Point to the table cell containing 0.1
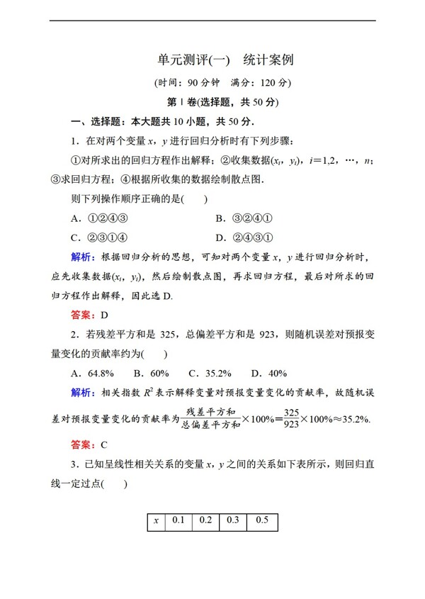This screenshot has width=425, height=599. pos(178,521)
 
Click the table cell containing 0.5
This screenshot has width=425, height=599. pos(261,521)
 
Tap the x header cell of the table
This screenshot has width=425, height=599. pos(156,521)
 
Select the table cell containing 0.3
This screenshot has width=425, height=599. pos(232,521)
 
